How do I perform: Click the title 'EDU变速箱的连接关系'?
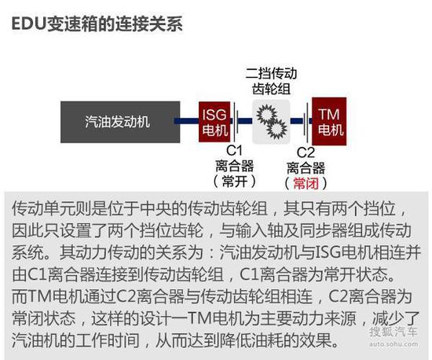pyautogui.click(x=97, y=24)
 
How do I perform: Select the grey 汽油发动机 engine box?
pyautogui.click(x=120, y=122)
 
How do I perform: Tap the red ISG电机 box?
pyautogui.click(x=214, y=122)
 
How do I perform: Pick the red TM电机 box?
pyautogui.click(x=329, y=121)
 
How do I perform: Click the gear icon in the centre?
pyautogui.click(x=272, y=122)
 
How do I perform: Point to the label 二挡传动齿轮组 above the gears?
pyautogui.click(x=272, y=81)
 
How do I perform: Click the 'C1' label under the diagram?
pyautogui.click(x=235, y=150)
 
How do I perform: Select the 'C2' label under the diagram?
pyautogui.click(x=306, y=152)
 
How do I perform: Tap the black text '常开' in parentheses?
pyautogui.click(x=235, y=182)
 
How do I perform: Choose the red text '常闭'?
pyautogui.click(x=306, y=184)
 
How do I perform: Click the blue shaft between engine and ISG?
pyautogui.click(x=186, y=121)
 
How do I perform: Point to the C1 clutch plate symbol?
pyautogui.click(x=234, y=121)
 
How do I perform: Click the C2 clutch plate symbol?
pyautogui.click(x=306, y=121)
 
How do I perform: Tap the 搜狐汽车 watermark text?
pyautogui.click(x=394, y=332)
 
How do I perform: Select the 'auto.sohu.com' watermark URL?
pyautogui.click(x=394, y=344)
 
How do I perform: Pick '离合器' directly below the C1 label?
pyautogui.click(x=235, y=166)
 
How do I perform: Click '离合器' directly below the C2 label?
pyautogui.click(x=306, y=168)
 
